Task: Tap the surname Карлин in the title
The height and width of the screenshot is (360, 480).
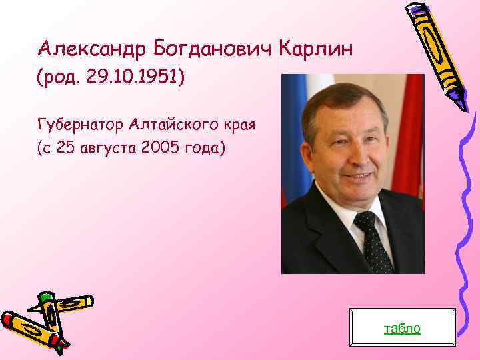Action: pyautogui.click(x=313, y=49)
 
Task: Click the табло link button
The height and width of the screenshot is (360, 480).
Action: pyautogui.click(x=401, y=328)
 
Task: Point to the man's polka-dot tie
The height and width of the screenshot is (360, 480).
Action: pyautogui.click(x=373, y=240)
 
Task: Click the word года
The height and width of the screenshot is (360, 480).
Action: pyautogui.click(x=203, y=147)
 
